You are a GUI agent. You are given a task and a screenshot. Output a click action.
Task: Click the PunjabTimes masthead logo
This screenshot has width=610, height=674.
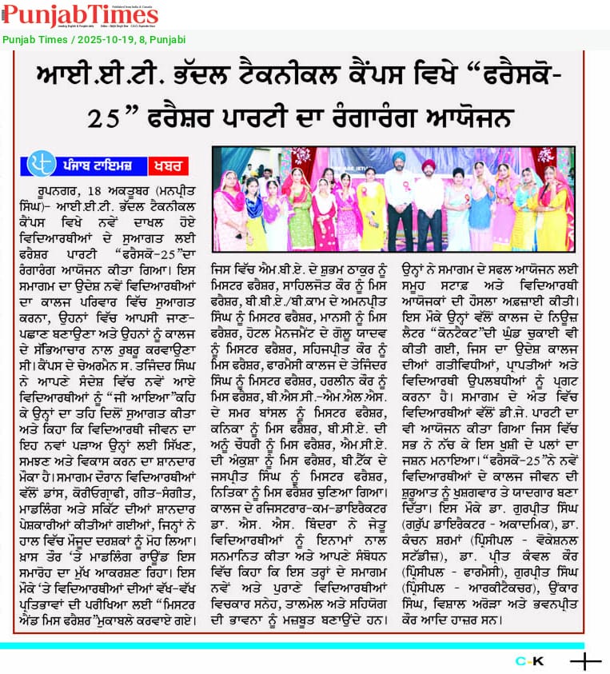[x=80, y=15]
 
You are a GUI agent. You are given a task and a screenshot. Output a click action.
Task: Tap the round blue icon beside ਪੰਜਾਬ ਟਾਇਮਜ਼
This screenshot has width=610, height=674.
[x=40, y=164]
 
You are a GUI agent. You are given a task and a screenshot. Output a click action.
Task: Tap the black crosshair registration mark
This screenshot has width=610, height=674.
[x=585, y=661]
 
